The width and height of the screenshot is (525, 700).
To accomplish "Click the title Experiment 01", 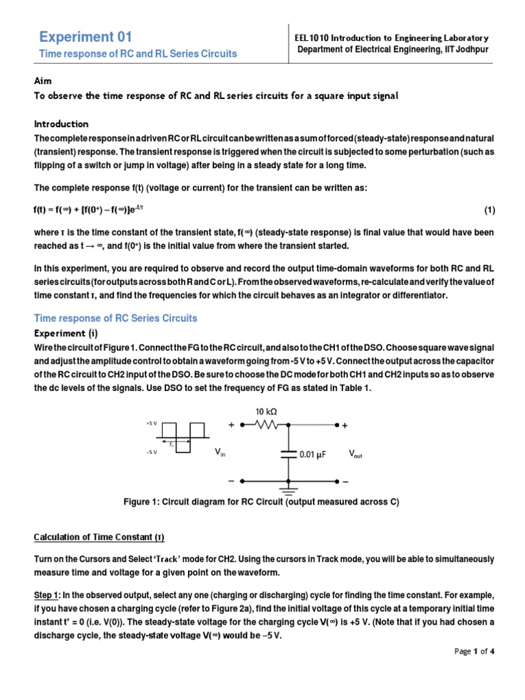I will [85, 37].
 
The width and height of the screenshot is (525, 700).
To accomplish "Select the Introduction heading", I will [62, 124].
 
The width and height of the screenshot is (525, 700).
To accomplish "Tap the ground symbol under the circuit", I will [288, 490].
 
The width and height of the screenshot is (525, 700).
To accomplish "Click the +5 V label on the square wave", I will [151, 424].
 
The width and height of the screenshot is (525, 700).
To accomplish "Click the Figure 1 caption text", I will [260, 502].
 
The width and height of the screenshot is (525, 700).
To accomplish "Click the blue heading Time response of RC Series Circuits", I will [116, 318].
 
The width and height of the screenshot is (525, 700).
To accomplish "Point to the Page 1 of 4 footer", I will [474, 651].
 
